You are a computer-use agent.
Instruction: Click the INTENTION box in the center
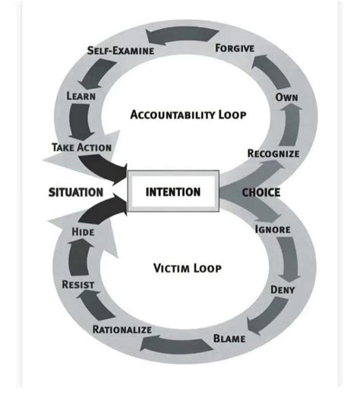point(174,191)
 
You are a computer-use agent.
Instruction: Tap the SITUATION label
point(76,192)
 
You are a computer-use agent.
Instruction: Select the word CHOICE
point(261,192)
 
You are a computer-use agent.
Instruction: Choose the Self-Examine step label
point(121,50)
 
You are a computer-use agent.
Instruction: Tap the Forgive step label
point(235,48)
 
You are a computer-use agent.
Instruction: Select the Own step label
point(286,99)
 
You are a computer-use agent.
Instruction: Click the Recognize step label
point(273,154)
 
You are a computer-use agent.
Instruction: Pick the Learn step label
point(81,96)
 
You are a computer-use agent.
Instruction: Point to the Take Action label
point(82,147)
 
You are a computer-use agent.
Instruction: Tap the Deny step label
point(283,289)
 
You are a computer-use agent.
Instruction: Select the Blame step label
point(229,338)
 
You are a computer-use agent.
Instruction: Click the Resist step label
point(77,284)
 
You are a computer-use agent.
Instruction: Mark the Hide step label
point(82,231)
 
